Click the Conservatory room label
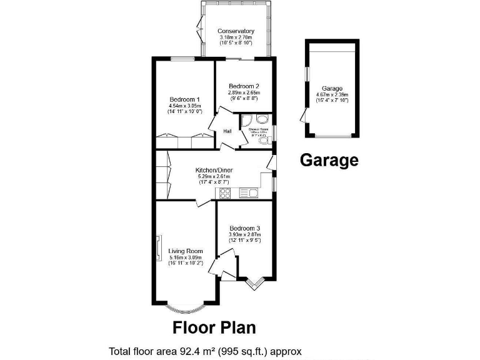[236, 31]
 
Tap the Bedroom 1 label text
[185, 99]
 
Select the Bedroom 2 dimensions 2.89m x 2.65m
[243, 92]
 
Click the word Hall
[227, 131]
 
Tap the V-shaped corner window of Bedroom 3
[253, 284]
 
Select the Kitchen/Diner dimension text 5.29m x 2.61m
[214, 176]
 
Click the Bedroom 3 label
[244, 228]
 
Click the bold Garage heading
[329, 160]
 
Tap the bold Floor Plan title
[214, 327]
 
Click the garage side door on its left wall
[304, 116]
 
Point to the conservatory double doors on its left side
[199, 28]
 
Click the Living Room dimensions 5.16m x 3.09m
[186, 257]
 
